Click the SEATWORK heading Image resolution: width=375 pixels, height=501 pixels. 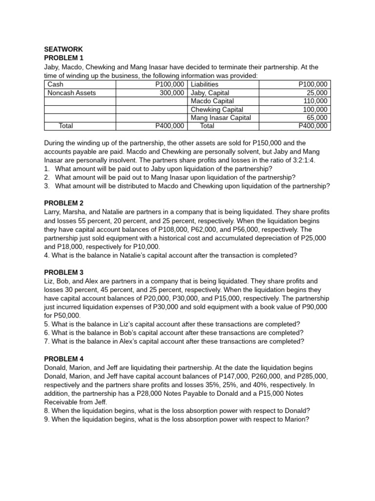63,49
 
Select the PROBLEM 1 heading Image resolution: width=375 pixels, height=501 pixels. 64,58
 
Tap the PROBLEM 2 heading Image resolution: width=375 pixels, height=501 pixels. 64,203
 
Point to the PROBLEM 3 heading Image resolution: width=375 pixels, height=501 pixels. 64,272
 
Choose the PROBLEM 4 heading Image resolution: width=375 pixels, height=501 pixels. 64,359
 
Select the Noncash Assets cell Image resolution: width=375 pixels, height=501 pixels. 72,92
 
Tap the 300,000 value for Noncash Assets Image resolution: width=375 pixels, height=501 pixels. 171,92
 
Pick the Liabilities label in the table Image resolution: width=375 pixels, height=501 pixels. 205,84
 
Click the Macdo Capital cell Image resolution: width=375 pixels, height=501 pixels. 212,101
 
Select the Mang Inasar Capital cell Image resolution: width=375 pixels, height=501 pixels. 221,117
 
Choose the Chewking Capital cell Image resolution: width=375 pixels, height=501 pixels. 217,109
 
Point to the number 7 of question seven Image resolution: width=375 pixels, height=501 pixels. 46,342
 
